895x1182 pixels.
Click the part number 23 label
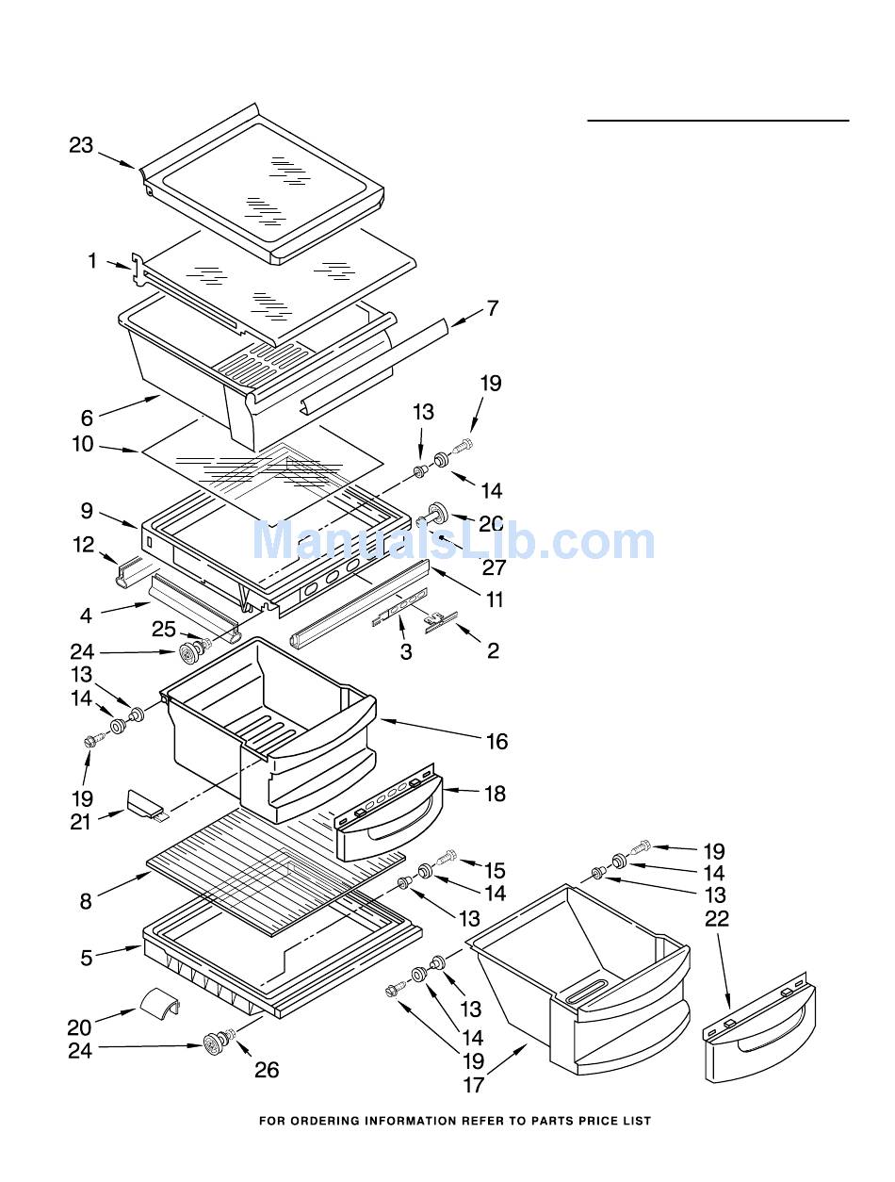[81, 145]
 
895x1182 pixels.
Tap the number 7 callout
[492, 308]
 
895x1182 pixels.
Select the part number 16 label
[496, 742]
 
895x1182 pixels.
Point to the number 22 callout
[717, 919]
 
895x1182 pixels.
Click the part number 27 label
[494, 567]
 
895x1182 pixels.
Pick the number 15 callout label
[495, 870]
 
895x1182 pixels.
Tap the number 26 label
[267, 1070]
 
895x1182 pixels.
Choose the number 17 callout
[473, 1085]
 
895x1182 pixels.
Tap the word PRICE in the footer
[592, 1121]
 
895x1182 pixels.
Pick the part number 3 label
[406, 651]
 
